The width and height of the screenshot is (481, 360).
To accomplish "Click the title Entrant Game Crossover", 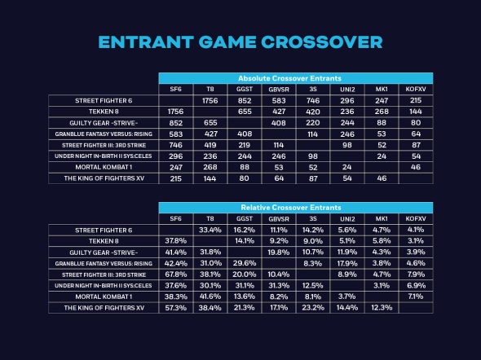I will (240, 42).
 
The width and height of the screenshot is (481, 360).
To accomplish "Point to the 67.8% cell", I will (175, 274).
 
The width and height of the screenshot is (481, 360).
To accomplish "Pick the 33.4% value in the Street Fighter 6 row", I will (210, 230).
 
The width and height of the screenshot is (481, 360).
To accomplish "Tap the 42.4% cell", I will (175, 263).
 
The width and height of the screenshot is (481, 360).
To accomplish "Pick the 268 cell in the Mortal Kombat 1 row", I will (210, 166).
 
